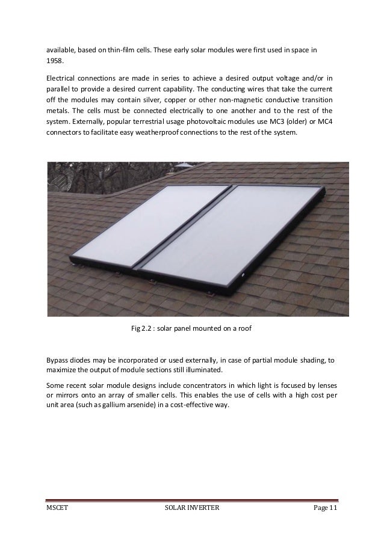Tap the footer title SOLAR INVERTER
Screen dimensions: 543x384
[192, 508]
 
